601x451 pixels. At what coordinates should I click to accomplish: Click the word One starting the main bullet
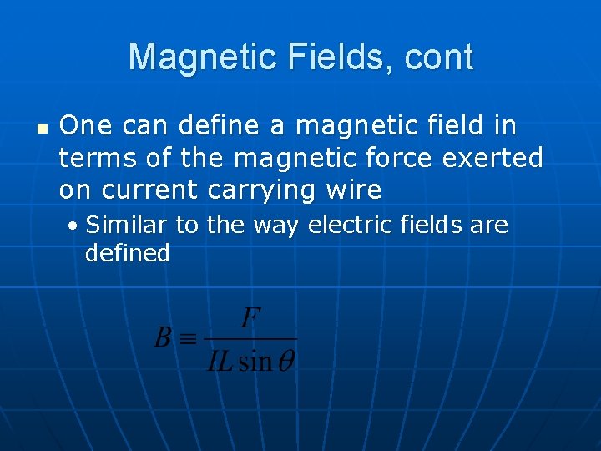(x=86, y=126)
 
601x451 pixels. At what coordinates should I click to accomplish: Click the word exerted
(x=498, y=158)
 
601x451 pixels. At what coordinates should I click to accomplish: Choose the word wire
(x=349, y=190)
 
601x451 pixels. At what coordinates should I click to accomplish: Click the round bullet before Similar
(x=75, y=226)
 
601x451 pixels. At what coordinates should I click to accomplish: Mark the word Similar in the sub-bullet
(x=127, y=225)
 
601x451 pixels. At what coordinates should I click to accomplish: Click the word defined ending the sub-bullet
(x=127, y=252)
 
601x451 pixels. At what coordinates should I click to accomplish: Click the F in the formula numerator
(x=250, y=319)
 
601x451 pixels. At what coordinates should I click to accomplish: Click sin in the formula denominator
(x=255, y=360)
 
